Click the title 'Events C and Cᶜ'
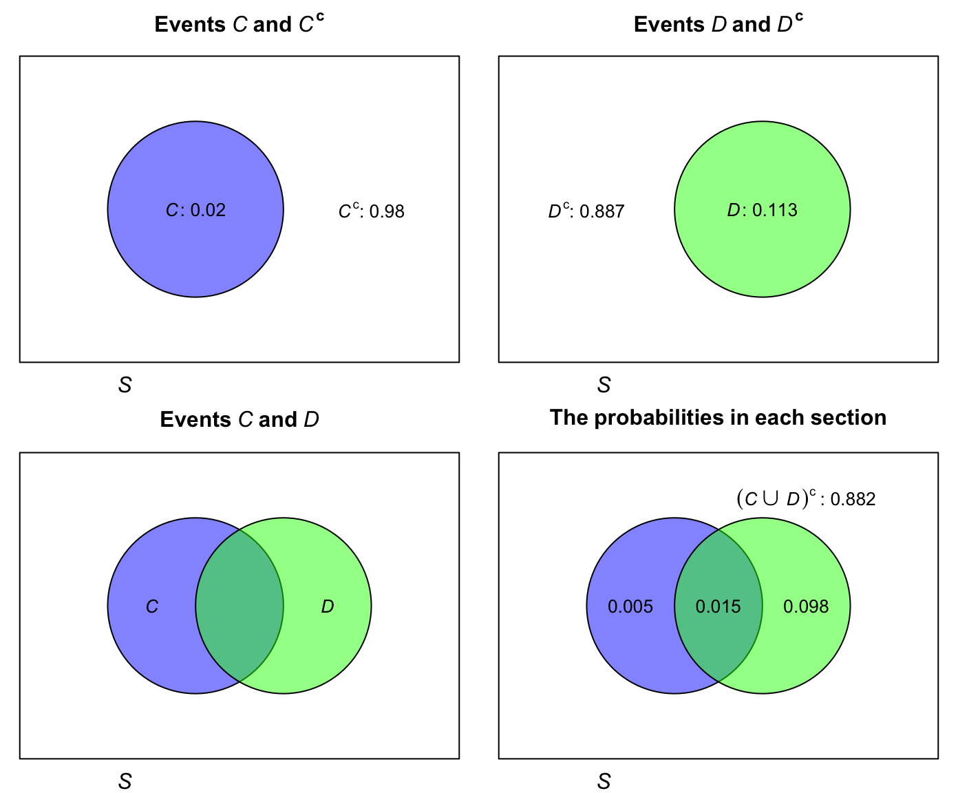(x=239, y=24)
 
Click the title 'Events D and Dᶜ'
(x=718, y=24)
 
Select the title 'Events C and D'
(x=239, y=419)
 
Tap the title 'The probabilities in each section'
(x=718, y=418)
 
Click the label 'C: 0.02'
(x=195, y=210)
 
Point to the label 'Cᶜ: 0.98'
(x=371, y=211)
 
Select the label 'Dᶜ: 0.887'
(x=586, y=211)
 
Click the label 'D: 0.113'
(x=762, y=210)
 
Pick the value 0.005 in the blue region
(x=630, y=606)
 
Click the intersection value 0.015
(x=718, y=606)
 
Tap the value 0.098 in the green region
(x=806, y=606)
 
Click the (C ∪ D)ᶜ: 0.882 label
(x=806, y=498)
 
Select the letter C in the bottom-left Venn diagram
(x=152, y=606)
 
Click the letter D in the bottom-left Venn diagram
(x=328, y=606)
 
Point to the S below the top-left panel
(x=125, y=385)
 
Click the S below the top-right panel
(x=604, y=385)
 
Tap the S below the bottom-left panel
(x=125, y=781)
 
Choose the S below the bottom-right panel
(x=604, y=781)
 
